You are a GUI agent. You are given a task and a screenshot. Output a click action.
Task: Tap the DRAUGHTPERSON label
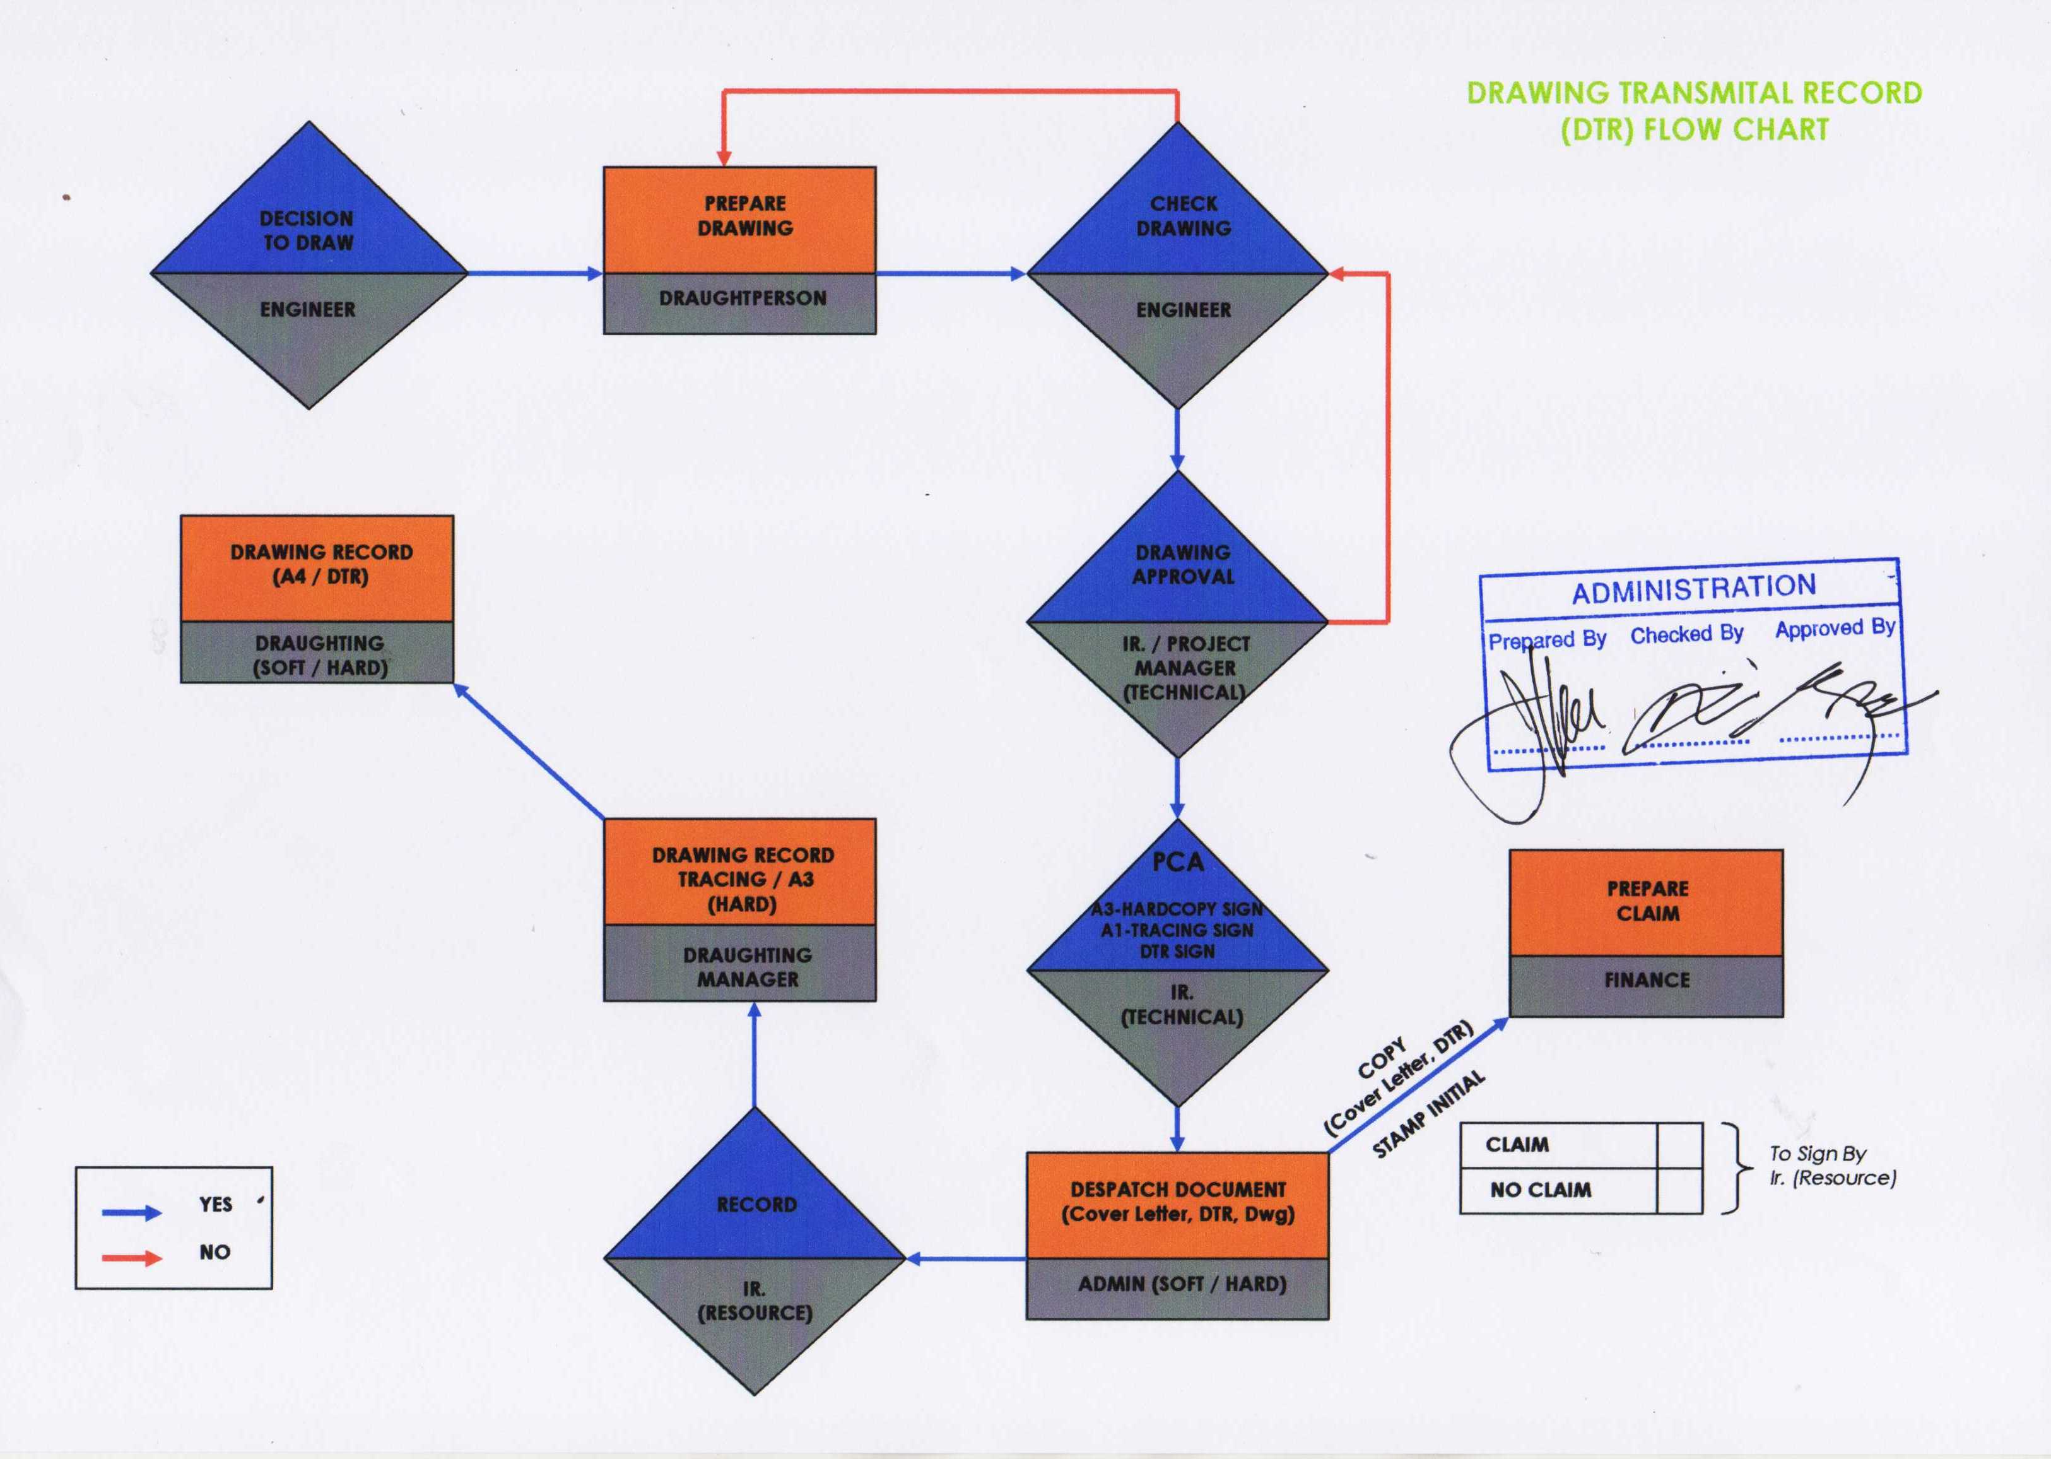743,298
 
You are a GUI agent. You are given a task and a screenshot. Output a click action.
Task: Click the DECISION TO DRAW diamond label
308,230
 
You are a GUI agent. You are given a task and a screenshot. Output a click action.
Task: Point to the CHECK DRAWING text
1183,216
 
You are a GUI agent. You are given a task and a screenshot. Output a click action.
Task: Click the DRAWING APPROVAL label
1183,564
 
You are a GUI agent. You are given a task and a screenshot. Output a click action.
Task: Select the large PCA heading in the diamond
1177,863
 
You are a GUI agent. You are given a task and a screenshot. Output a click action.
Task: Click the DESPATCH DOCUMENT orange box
1177,1202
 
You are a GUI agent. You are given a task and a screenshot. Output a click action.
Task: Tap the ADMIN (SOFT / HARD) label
1182,1284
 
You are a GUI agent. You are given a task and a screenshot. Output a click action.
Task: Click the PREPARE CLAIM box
1647,901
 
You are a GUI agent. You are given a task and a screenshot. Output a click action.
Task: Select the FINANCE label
1647,980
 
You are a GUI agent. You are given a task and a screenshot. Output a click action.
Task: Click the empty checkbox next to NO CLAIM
1678,1190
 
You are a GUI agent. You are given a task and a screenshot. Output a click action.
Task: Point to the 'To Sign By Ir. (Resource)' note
1832,1165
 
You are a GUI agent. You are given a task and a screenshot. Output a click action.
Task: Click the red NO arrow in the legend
131,1258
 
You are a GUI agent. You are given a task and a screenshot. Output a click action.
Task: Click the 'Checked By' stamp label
1686,634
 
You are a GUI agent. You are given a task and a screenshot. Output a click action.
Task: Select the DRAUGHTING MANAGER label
747,967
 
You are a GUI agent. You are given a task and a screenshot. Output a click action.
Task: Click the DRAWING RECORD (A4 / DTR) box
320,564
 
